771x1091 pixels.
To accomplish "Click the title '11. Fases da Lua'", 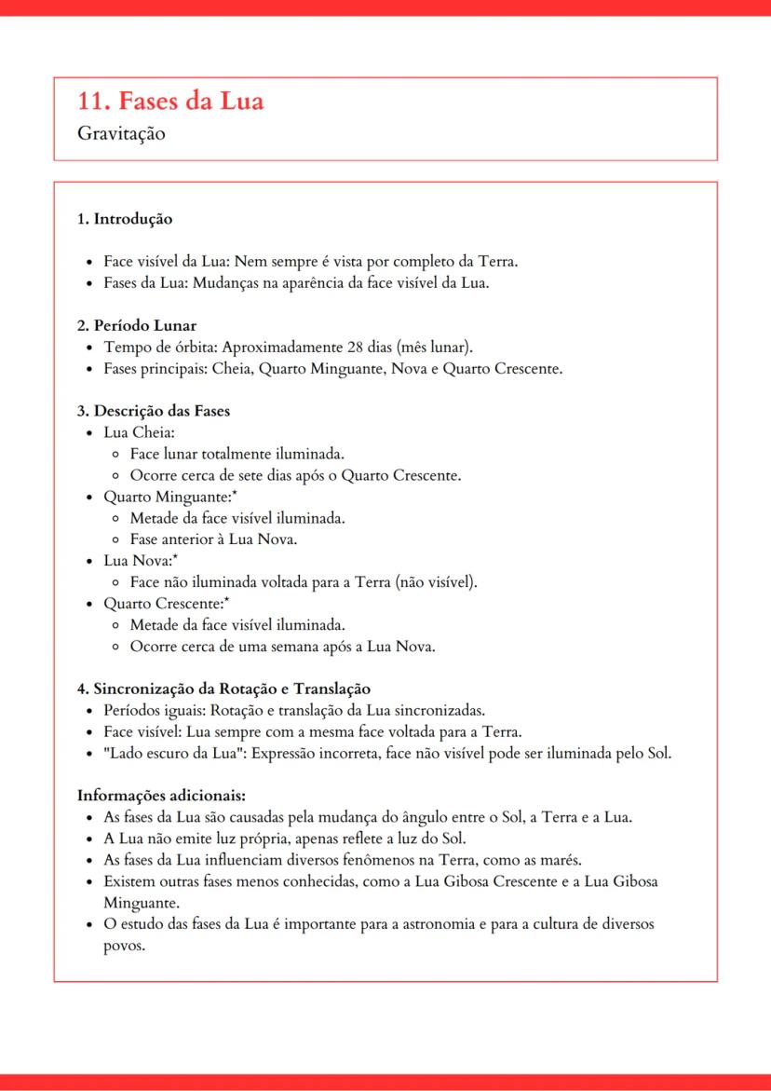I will (170, 101).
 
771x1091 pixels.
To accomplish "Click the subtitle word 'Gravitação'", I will (122, 133).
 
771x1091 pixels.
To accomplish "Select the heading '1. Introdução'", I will (125, 220).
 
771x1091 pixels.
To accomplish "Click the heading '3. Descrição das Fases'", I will (154, 412).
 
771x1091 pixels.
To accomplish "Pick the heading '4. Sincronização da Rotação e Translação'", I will (223, 689).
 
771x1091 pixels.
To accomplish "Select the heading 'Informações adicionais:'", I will (161, 796).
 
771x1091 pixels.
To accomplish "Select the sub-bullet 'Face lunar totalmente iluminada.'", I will (237, 455).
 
